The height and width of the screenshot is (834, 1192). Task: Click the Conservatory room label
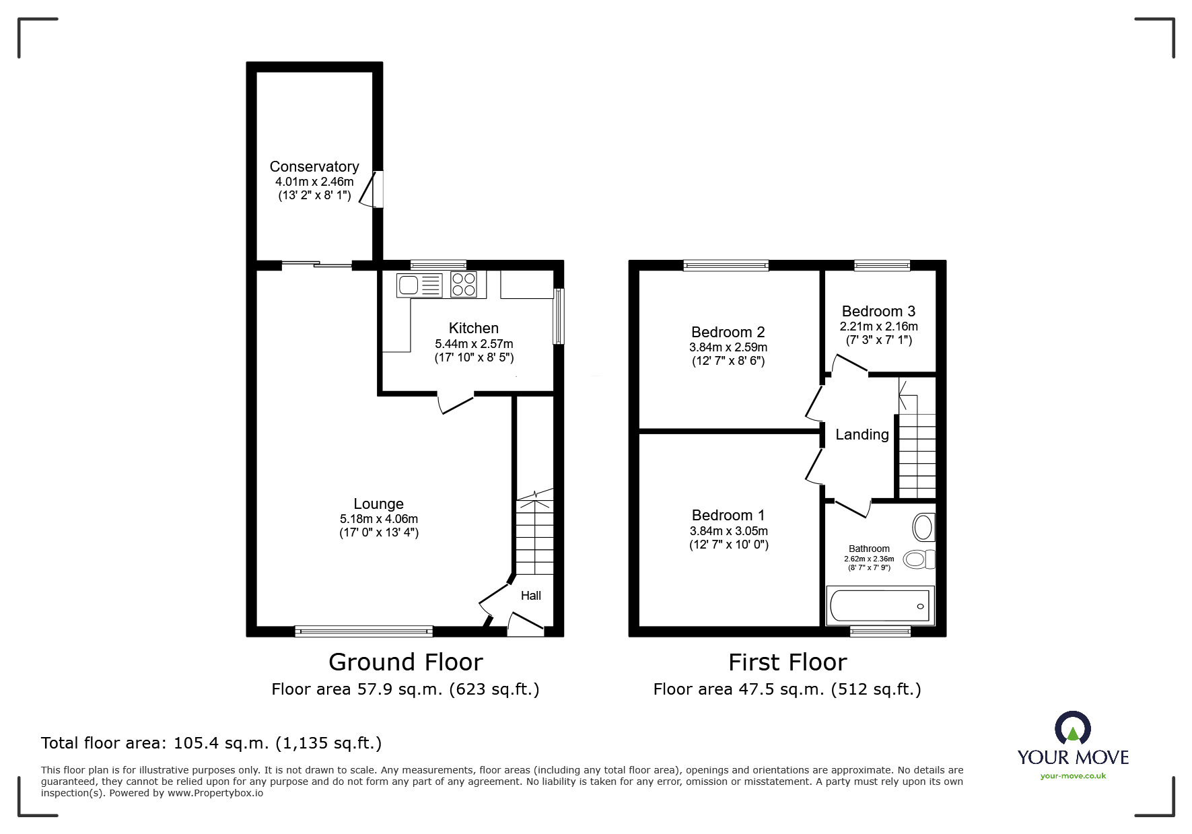point(314,166)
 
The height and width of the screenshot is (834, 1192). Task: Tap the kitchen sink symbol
point(419,285)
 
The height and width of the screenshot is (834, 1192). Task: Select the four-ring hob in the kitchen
point(463,285)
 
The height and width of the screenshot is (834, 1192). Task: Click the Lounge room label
point(378,503)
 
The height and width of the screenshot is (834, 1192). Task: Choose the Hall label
point(530,596)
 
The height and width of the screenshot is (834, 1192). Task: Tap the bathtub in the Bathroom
point(879,605)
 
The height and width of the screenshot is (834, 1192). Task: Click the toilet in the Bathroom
point(918,559)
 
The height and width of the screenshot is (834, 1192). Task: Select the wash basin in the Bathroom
point(923,528)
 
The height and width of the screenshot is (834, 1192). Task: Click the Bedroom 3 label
point(878,311)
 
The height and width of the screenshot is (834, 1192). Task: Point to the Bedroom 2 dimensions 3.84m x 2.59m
point(728,347)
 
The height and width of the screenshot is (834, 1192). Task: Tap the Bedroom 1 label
point(728,515)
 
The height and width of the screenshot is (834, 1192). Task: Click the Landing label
point(862,435)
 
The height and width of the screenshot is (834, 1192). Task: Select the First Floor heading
point(787,662)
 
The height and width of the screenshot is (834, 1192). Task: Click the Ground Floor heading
point(405,662)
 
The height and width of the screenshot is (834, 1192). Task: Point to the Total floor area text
point(211,743)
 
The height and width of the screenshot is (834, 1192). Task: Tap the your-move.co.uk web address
point(1073,776)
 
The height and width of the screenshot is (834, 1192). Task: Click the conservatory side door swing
point(369,190)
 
